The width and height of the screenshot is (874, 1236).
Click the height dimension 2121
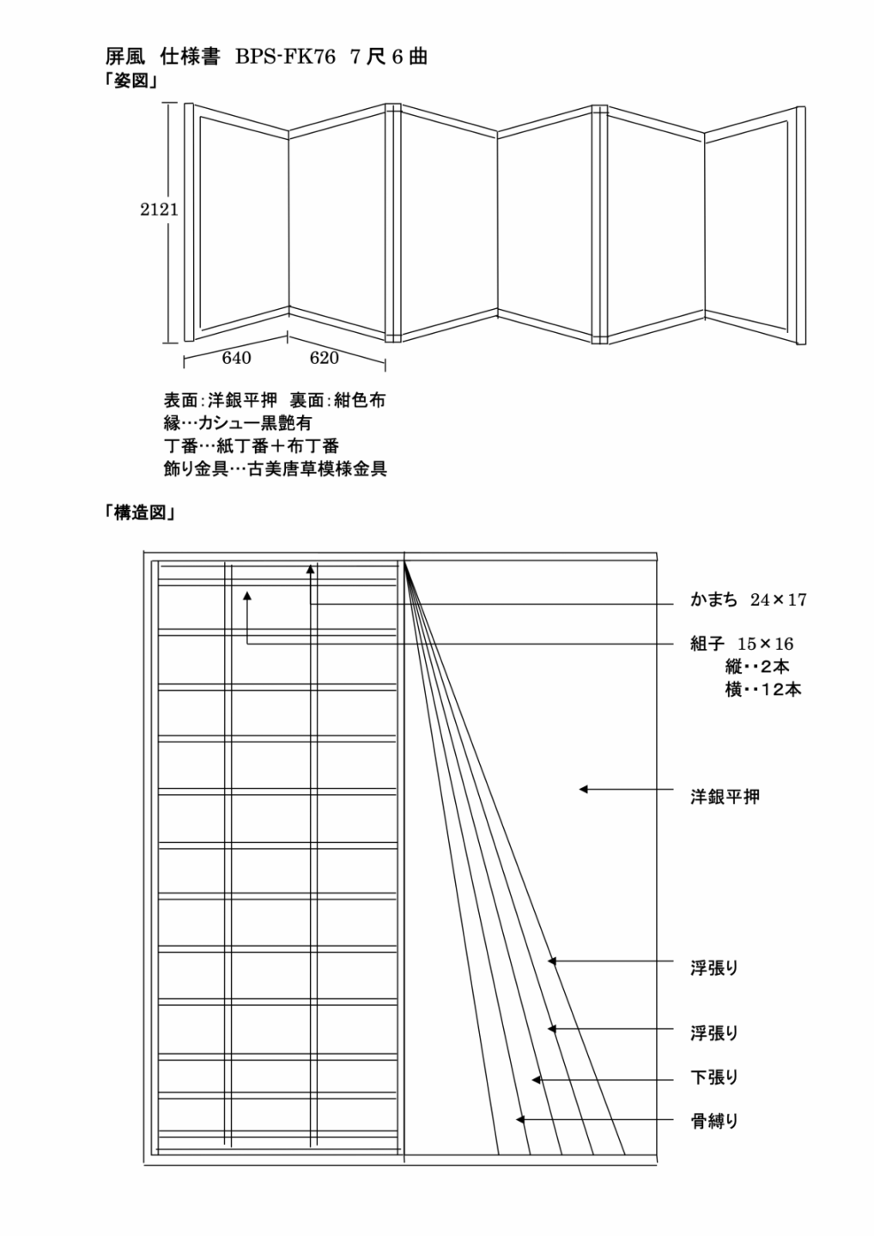pyautogui.click(x=159, y=209)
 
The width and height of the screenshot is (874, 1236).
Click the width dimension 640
pyautogui.click(x=236, y=358)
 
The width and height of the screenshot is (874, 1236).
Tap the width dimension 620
pyautogui.click(x=324, y=358)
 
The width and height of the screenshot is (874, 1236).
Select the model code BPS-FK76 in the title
pyautogui.click(x=285, y=58)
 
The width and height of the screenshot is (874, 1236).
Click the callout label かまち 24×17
pyautogui.click(x=748, y=600)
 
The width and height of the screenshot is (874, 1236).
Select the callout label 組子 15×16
pyautogui.click(x=742, y=644)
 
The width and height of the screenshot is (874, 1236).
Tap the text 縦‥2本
pyautogui.click(x=757, y=667)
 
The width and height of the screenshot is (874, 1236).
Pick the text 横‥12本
pyautogui.click(x=763, y=689)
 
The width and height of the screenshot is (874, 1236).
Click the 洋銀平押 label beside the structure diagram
pyautogui.click(x=725, y=797)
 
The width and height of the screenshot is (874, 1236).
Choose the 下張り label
pyautogui.click(x=714, y=1077)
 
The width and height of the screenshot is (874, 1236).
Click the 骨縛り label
pyautogui.click(x=714, y=1121)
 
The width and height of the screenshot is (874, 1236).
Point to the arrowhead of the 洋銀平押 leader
pyautogui.click(x=583, y=790)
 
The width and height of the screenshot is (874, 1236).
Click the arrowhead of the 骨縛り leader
pyautogui.click(x=519, y=1119)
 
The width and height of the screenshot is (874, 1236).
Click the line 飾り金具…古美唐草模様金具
pyautogui.click(x=276, y=469)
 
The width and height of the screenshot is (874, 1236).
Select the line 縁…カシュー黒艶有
pyautogui.click(x=238, y=423)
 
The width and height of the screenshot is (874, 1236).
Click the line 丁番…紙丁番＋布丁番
pyautogui.click(x=251, y=445)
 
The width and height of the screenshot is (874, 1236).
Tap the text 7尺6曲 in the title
pyautogui.click(x=389, y=58)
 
